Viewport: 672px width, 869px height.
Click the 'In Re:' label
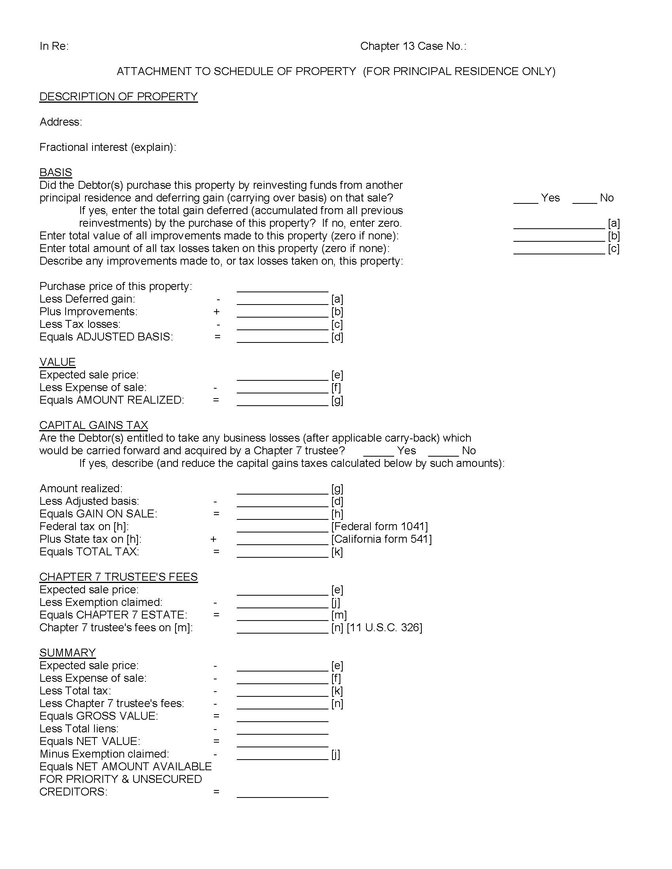point(54,46)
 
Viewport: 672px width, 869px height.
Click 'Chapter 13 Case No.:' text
point(413,46)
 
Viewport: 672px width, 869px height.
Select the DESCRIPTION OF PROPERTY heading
point(118,97)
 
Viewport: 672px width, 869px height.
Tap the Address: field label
point(60,122)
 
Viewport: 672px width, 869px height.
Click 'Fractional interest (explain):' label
point(108,147)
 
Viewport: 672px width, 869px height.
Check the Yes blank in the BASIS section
point(525,201)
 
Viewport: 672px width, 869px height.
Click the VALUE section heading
point(57,362)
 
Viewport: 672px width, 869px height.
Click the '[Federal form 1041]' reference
point(379,527)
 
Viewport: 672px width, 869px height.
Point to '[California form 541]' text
point(381,539)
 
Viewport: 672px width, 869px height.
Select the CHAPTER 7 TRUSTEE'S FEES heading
point(118,577)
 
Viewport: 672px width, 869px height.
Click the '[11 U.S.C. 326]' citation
point(384,628)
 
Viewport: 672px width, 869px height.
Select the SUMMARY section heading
point(67,653)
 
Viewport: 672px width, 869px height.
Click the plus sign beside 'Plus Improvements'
point(217,312)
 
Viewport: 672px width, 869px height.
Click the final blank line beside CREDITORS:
point(282,795)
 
